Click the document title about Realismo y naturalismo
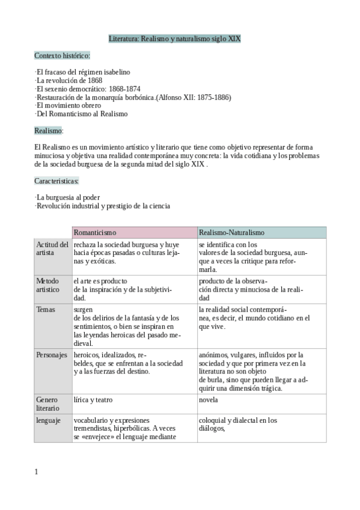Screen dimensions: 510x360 coord(175,38)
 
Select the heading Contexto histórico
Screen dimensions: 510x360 coord(63,56)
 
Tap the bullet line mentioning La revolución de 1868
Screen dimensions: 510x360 coord(69,80)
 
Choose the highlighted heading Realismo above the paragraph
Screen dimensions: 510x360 coord(48,130)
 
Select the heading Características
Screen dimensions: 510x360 coord(56,180)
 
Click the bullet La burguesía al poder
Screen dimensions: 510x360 coord(67,197)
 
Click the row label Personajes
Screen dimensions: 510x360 coord(52,355)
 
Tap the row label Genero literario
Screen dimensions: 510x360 coord(49,404)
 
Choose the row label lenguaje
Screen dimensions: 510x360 coord(49,420)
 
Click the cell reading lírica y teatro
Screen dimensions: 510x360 coord(93,399)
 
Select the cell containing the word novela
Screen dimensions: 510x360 coord(209,399)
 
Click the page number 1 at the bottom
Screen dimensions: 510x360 coord(36,472)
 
